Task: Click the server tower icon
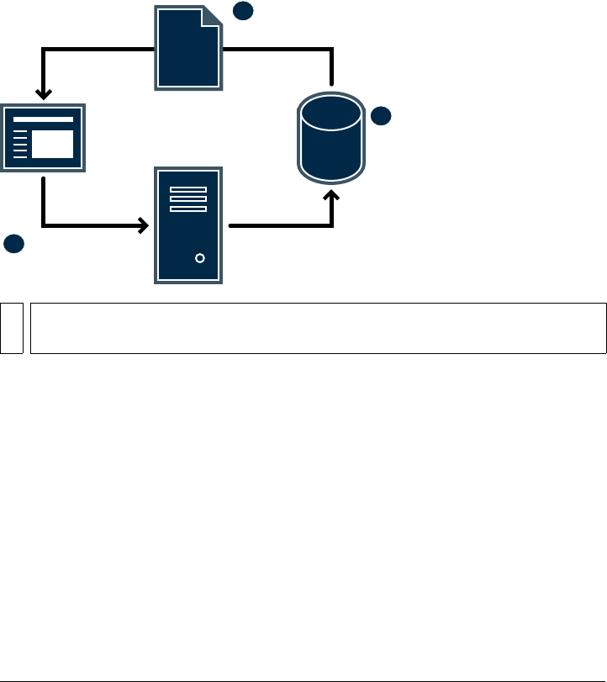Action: (x=188, y=225)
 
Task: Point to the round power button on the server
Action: (x=199, y=258)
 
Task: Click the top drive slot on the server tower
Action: (x=188, y=190)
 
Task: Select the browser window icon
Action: (x=42, y=137)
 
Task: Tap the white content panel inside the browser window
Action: (x=52, y=144)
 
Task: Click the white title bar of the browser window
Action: (x=42, y=119)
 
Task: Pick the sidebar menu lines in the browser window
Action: (x=21, y=144)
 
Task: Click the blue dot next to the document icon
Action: (x=242, y=10)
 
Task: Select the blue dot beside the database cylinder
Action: (x=381, y=116)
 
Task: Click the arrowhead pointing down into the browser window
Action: (x=42, y=93)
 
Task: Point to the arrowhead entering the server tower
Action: (x=144, y=225)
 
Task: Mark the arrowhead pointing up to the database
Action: (x=333, y=196)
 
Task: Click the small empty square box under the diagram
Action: (x=11, y=328)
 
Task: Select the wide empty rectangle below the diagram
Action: (x=318, y=328)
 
